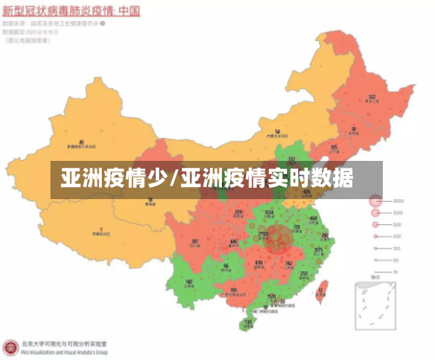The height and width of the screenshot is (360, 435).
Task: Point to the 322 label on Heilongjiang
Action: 371,97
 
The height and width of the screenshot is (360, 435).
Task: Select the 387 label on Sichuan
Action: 195,242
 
